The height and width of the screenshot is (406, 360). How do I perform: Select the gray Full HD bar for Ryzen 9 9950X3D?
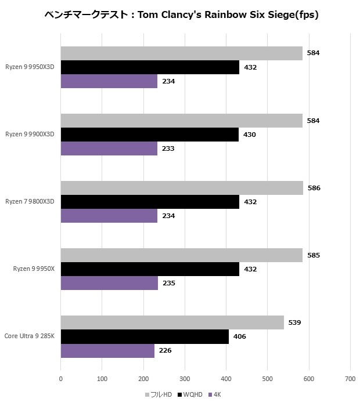[181, 53]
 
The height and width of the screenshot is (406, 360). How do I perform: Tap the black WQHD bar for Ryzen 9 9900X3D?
[149, 135]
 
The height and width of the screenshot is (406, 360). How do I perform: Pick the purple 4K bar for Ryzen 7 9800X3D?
[109, 216]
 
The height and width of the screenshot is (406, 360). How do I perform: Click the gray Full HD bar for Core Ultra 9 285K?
[172, 322]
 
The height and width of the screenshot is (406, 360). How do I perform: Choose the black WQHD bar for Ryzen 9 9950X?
[150, 269]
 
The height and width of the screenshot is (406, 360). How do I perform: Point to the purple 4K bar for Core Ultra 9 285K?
[107, 350]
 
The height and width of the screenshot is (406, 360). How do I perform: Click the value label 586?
[314, 188]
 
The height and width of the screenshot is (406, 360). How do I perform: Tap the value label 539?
[294, 322]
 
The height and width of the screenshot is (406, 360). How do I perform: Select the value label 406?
[239, 336]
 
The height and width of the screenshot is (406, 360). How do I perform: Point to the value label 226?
[165, 350]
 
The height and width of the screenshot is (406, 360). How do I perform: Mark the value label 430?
[249, 135]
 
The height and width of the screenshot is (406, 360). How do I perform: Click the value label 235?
[168, 283]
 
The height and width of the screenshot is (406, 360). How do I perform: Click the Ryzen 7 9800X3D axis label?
[30, 202]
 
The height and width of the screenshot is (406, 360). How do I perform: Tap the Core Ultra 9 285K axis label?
[29, 336]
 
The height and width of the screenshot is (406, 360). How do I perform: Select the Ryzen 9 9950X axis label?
[34, 269]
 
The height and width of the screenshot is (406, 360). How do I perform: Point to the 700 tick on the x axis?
[350, 379]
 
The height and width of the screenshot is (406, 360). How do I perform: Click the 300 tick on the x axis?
[185, 379]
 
